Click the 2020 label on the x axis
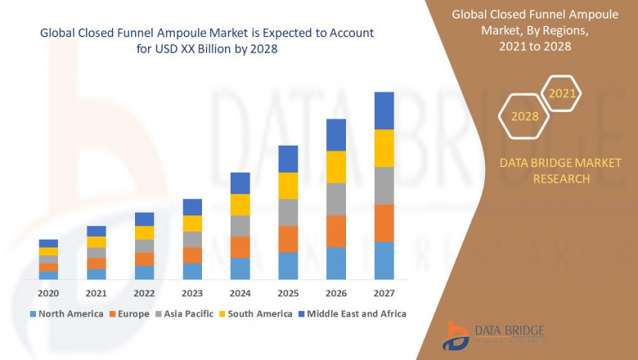(x=48, y=293)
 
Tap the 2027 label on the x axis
(x=384, y=293)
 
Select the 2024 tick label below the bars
(x=240, y=293)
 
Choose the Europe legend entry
(x=130, y=313)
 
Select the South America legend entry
(x=258, y=313)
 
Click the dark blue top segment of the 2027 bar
(x=384, y=110)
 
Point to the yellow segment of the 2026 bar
(x=336, y=167)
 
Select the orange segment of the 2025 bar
(x=288, y=239)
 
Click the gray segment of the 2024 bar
(x=240, y=226)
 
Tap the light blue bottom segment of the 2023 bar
(x=192, y=271)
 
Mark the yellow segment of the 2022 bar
(x=144, y=232)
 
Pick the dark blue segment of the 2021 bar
(x=97, y=231)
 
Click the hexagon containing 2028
(x=524, y=116)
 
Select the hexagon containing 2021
(x=562, y=93)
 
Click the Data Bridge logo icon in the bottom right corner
(x=456, y=335)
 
